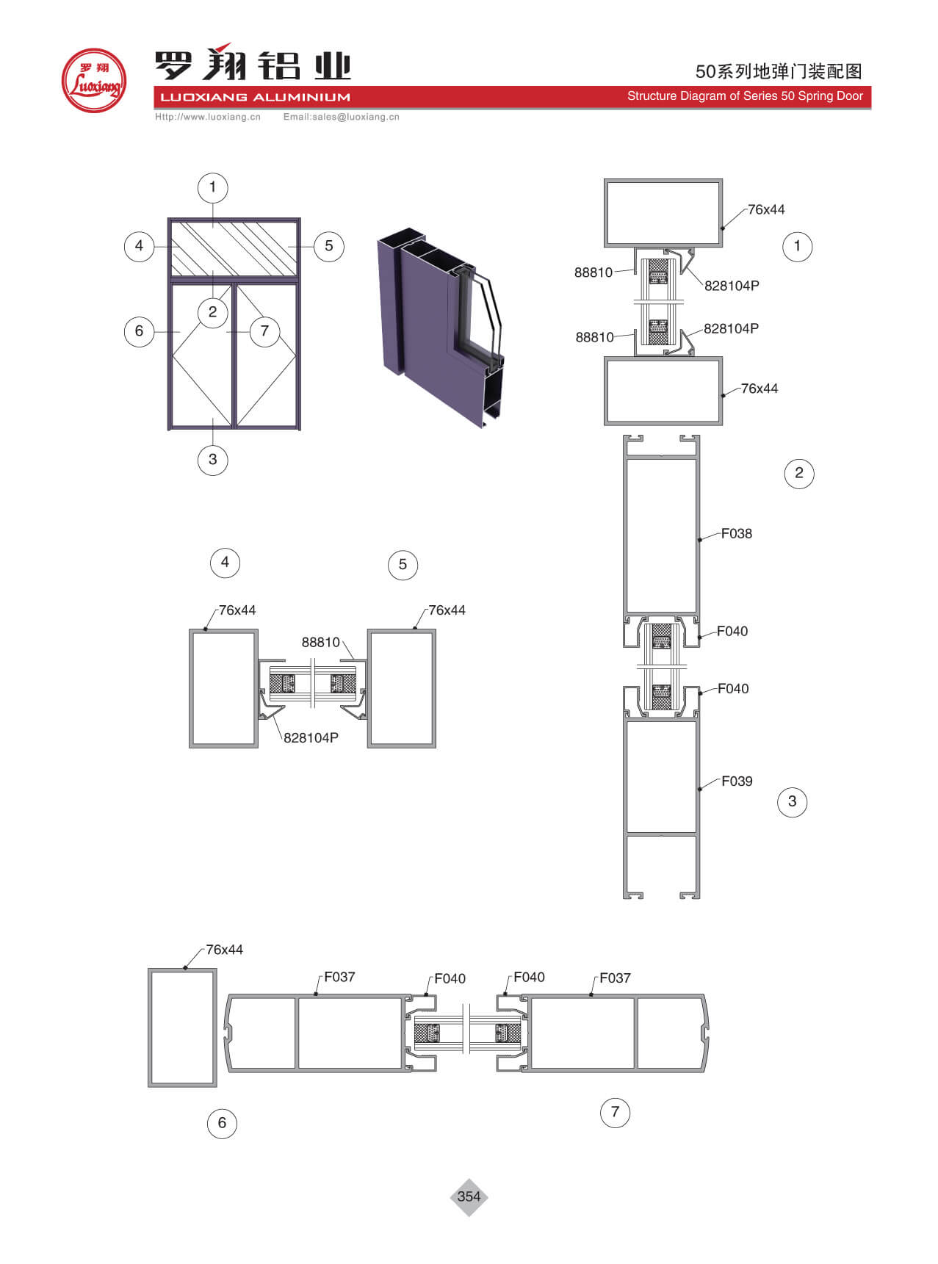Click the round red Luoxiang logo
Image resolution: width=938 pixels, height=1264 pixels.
tap(94, 81)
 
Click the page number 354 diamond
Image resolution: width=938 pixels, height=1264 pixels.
tap(469, 1196)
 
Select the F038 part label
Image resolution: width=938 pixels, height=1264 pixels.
tap(736, 534)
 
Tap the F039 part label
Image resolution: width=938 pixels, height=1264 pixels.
tap(737, 781)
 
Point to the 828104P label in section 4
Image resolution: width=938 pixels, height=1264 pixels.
tap(311, 738)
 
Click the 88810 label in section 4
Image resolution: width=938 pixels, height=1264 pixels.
tap(321, 643)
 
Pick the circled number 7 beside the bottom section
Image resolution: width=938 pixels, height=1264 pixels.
tap(615, 1112)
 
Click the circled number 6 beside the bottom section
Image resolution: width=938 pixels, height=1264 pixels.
tap(222, 1123)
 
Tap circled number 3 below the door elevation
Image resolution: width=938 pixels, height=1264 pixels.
tap(213, 460)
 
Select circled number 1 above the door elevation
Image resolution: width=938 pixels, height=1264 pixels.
tap(213, 187)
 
